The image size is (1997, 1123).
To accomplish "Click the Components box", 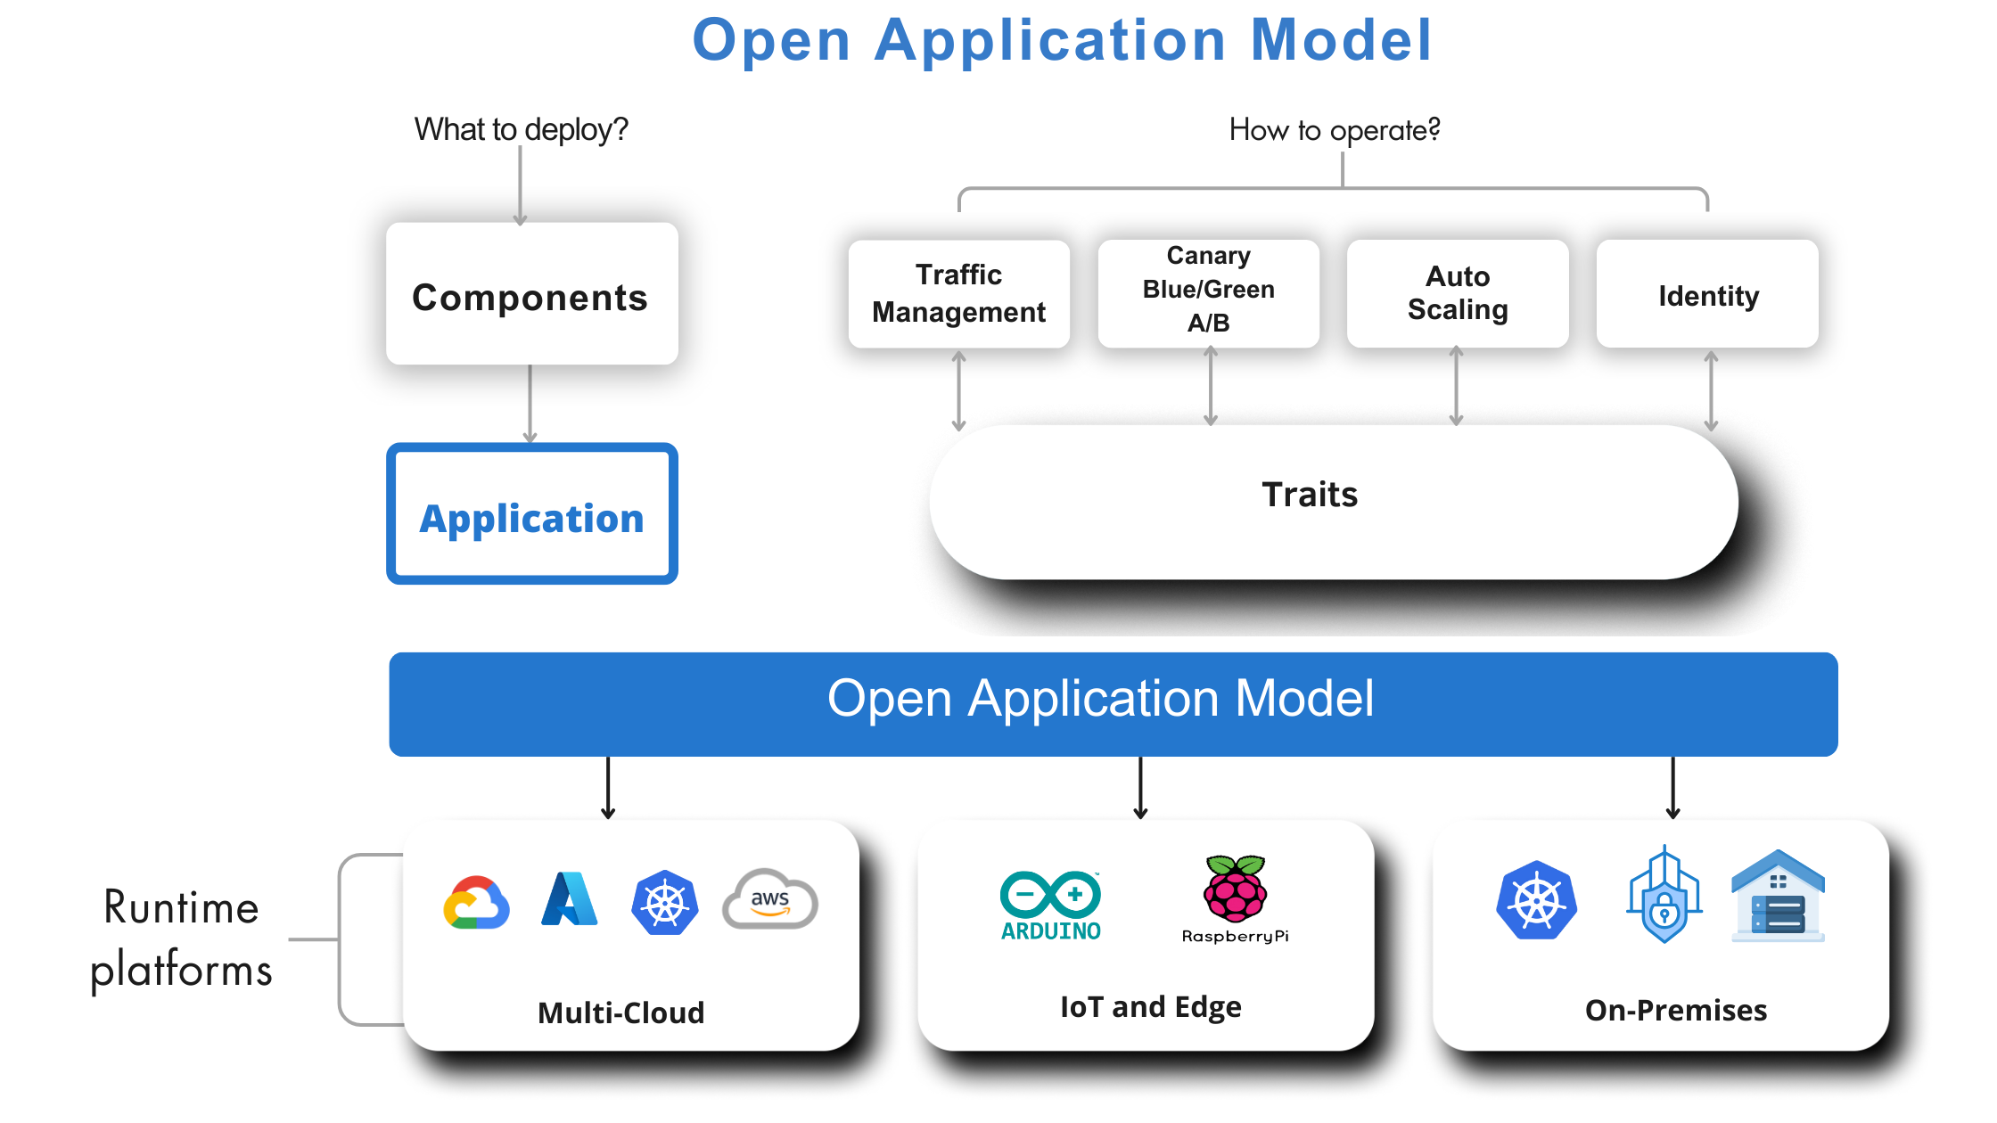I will tap(531, 295).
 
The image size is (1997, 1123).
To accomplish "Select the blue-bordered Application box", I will tap(531, 515).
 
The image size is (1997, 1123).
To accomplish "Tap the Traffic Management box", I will tap(958, 293).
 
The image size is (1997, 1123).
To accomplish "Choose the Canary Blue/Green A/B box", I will tap(1208, 290).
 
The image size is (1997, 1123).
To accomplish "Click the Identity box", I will tap(1707, 295).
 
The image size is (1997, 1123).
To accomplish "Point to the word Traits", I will tap(1310, 495).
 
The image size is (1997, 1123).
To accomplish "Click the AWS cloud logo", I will tap(769, 900).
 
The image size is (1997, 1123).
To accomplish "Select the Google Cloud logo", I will tap(476, 902).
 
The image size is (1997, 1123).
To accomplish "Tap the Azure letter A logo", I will tap(569, 899).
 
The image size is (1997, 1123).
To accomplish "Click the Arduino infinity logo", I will tap(1050, 894).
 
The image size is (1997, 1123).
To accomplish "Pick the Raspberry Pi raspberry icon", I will tap(1235, 889).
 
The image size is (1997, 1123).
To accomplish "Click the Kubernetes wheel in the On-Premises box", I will tap(1536, 900).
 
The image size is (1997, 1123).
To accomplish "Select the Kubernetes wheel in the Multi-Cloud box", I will tap(664, 903).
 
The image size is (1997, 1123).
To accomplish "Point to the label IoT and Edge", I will tap(1150, 1007).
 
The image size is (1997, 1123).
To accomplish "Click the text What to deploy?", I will tap(521, 130).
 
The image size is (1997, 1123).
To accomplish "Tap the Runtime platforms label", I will tap(181, 939).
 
